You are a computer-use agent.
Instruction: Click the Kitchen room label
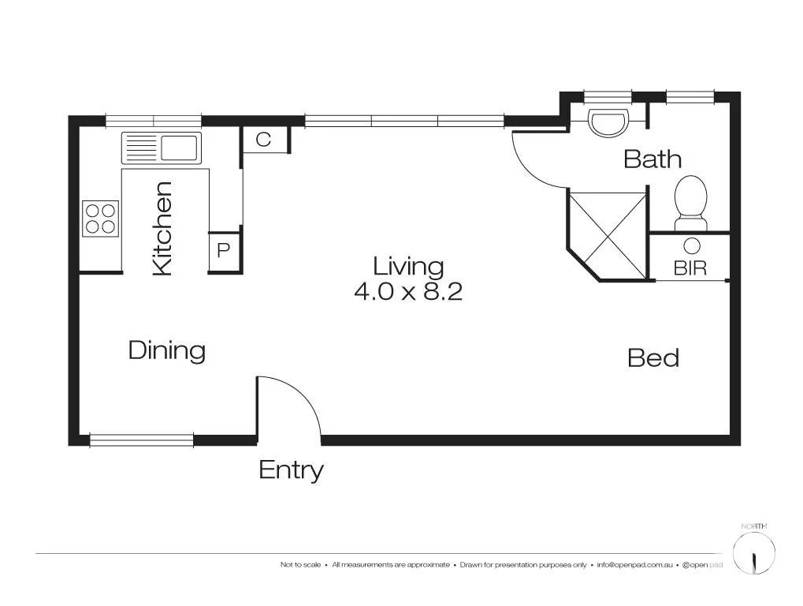coord(162,229)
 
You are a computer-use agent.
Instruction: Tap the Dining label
coord(167,350)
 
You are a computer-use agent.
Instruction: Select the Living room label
coord(408,267)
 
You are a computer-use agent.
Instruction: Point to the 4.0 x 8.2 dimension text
coord(408,292)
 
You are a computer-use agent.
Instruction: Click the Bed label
coord(653,358)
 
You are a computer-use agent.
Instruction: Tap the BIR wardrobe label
coord(690,267)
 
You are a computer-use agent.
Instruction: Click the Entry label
coord(291,470)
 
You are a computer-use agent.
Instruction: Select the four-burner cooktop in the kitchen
coord(100,219)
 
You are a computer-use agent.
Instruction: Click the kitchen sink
coord(161,148)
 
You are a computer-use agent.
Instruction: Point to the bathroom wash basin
coord(609,122)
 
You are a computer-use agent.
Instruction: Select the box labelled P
coord(223,251)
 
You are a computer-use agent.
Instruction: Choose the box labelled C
coord(264,140)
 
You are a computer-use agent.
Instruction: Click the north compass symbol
coord(754,553)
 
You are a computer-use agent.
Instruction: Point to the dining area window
coord(142,440)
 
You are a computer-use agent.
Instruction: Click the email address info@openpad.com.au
coord(634,565)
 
